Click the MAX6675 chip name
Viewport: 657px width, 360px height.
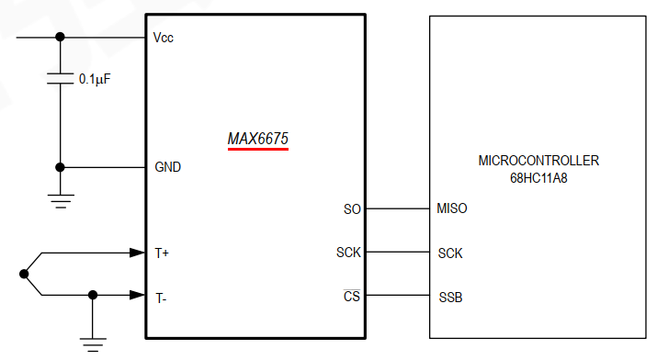point(258,139)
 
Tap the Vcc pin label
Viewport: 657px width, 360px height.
point(164,38)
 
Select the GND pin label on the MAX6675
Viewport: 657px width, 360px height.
point(167,168)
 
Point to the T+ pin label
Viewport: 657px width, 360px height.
point(162,253)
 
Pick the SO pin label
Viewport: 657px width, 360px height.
point(352,209)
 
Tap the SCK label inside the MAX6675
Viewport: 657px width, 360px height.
point(348,253)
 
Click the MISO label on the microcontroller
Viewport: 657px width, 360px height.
point(452,209)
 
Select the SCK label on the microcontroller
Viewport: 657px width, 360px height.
point(450,253)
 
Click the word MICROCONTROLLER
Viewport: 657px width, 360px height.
point(538,161)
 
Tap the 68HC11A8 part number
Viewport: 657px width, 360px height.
point(538,177)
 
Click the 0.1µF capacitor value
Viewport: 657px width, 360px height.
point(95,80)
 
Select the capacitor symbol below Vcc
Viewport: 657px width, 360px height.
point(61,80)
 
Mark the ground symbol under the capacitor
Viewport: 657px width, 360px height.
point(61,201)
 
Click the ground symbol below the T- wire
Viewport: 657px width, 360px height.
point(92,343)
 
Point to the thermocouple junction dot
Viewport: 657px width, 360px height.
point(24,274)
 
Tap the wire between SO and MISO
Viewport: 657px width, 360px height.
point(398,209)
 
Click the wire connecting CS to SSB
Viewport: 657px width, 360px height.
point(398,296)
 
